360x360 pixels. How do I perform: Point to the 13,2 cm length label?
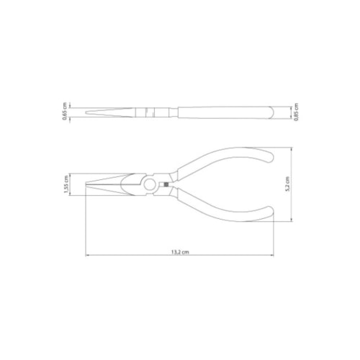click(180, 252)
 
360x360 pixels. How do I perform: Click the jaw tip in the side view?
click(88, 112)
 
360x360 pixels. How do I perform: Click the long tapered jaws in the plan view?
click(112, 186)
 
